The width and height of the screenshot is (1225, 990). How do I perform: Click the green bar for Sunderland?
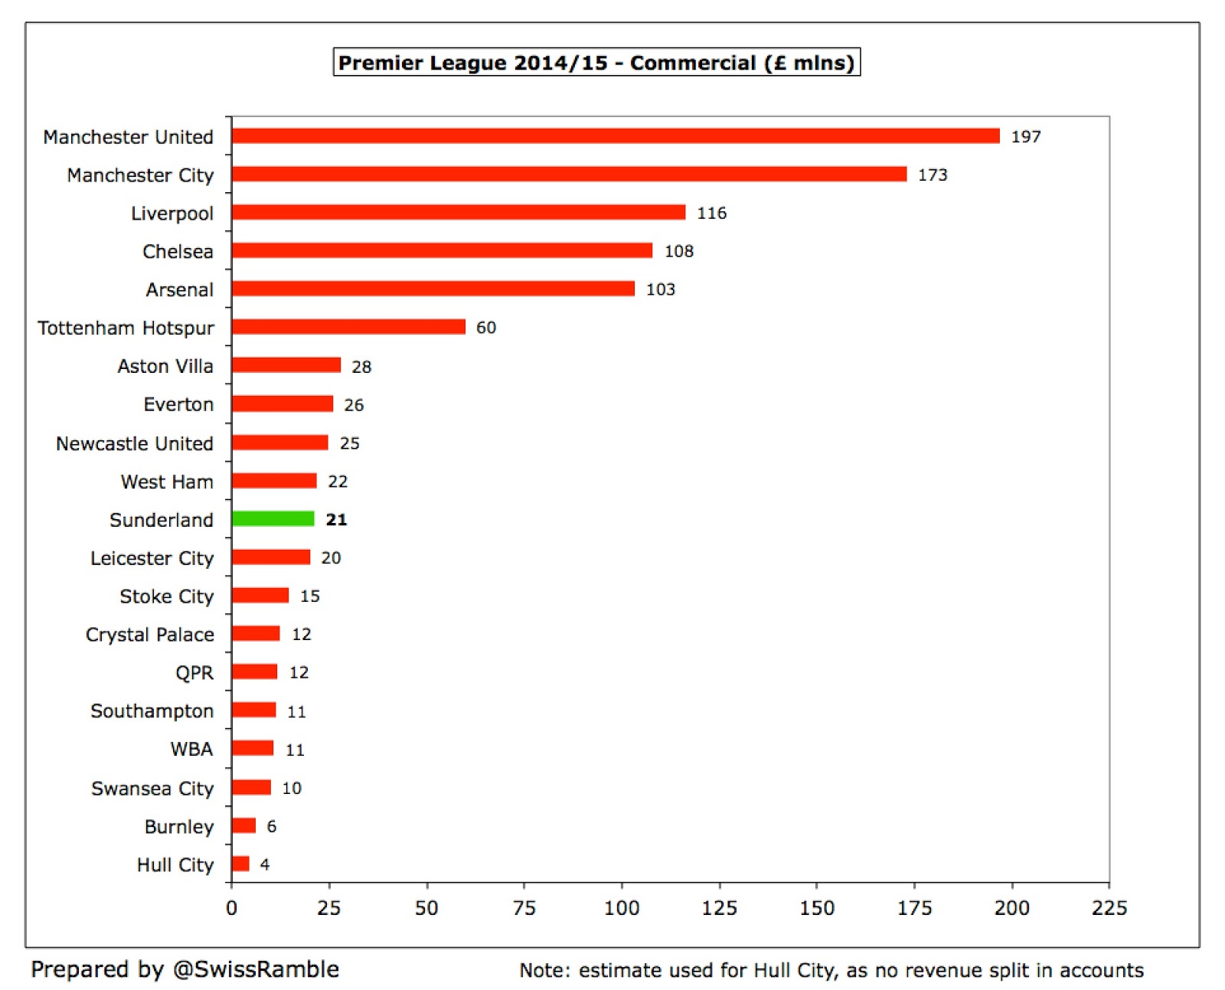273,519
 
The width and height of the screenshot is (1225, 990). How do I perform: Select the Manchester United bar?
615,136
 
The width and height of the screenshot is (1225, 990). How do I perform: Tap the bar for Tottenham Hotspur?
348,327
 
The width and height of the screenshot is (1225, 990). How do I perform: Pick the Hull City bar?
240,864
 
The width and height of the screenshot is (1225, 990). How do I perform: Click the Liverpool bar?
458,212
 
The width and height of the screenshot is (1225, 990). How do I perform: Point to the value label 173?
933,175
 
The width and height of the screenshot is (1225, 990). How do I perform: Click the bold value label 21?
336,520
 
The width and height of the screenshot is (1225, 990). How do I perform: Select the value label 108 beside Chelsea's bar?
678,251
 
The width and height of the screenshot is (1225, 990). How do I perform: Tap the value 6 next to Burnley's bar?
271,826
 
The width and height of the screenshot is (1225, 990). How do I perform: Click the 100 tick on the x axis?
621,908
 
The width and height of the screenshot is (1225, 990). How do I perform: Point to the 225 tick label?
1109,908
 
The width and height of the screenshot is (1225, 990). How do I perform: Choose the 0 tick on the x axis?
231,908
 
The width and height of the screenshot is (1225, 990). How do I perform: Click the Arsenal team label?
179,290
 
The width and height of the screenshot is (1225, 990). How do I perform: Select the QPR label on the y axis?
194,673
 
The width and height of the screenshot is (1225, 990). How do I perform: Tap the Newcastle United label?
134,443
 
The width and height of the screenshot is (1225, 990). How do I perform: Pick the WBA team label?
191,749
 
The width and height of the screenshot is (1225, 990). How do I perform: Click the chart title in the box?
596,63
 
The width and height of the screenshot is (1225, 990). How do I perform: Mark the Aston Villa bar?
286,365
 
